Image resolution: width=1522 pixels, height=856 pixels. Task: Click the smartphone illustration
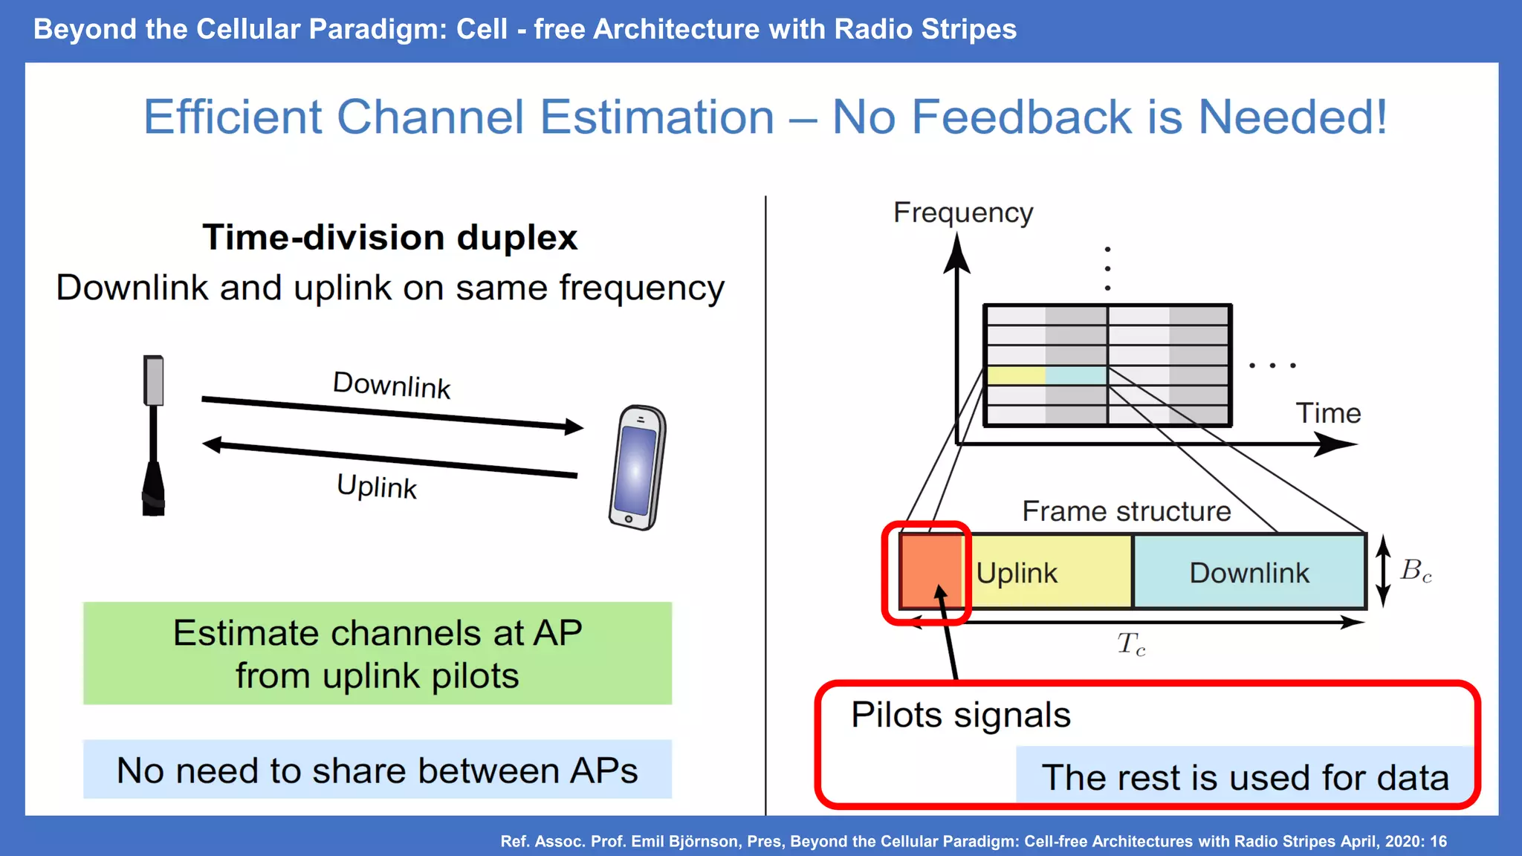(637, 467)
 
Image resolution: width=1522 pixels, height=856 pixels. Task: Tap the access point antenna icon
(153, 435)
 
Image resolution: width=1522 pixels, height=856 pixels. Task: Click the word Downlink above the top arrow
(392, 385)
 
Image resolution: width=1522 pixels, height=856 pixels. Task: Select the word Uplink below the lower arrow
(377, 487)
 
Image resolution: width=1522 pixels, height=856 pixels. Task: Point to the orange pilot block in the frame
(930, 571)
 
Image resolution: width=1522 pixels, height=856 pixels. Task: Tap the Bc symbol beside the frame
(1416, 571)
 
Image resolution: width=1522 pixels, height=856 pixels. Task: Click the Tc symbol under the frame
(1131, 643)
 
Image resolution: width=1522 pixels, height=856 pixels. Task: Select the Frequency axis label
(962, 213)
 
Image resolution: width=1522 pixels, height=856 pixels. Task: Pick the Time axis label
(1328, 413)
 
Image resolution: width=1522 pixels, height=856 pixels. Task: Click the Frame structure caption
(1126, 511)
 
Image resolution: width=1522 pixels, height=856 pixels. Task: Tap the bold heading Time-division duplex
(389, 238)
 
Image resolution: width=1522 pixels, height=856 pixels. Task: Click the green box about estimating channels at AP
(378, 653)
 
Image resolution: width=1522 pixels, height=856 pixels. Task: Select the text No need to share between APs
(378, 770)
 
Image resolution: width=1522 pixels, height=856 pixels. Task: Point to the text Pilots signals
(960, 715)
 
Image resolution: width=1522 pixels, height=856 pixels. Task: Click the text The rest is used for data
(1245, 777)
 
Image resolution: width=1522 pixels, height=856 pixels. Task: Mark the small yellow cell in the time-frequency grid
(1016, 375)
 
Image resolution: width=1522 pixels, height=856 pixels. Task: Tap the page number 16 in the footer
(1438, 841)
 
